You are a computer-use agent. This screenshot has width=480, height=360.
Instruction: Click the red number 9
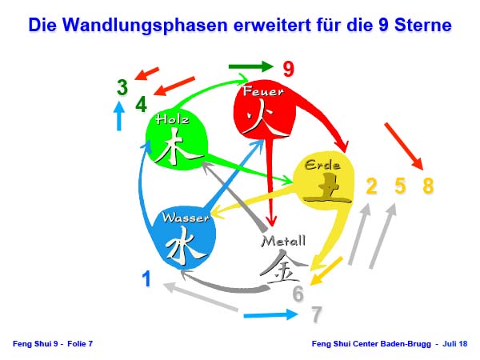(288, 69)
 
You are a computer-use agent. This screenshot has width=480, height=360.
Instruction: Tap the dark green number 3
(122, 87)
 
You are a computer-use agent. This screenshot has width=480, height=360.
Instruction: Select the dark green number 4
(141, 104)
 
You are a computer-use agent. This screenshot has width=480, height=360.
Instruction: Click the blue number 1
(147, 278)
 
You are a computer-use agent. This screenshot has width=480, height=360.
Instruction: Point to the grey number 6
(298, 294)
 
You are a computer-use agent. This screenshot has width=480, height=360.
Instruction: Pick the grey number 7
(317, 314)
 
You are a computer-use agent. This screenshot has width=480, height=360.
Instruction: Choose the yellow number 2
(371, 186)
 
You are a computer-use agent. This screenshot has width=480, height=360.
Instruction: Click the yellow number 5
(400, 186)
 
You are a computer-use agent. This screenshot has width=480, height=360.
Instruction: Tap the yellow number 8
(428, 186)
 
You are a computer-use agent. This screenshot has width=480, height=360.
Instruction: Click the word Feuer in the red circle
(263, 91)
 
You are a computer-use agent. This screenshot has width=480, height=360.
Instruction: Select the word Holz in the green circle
(172, 119)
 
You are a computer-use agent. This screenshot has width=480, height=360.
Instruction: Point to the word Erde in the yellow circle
(322, 166)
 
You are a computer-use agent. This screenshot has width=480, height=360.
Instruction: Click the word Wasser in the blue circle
(186, 218)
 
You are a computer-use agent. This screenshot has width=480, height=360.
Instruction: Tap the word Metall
(283, 242)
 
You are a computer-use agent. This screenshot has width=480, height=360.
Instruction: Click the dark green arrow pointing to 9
(250, 66)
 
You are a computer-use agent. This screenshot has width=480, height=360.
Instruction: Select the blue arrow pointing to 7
(270, 314)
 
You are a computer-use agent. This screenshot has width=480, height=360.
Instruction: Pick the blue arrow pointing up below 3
(119, 116)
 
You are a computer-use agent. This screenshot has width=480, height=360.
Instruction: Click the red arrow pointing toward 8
(404, 146)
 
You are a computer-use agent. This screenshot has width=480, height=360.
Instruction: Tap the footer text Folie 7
(80, 344)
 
